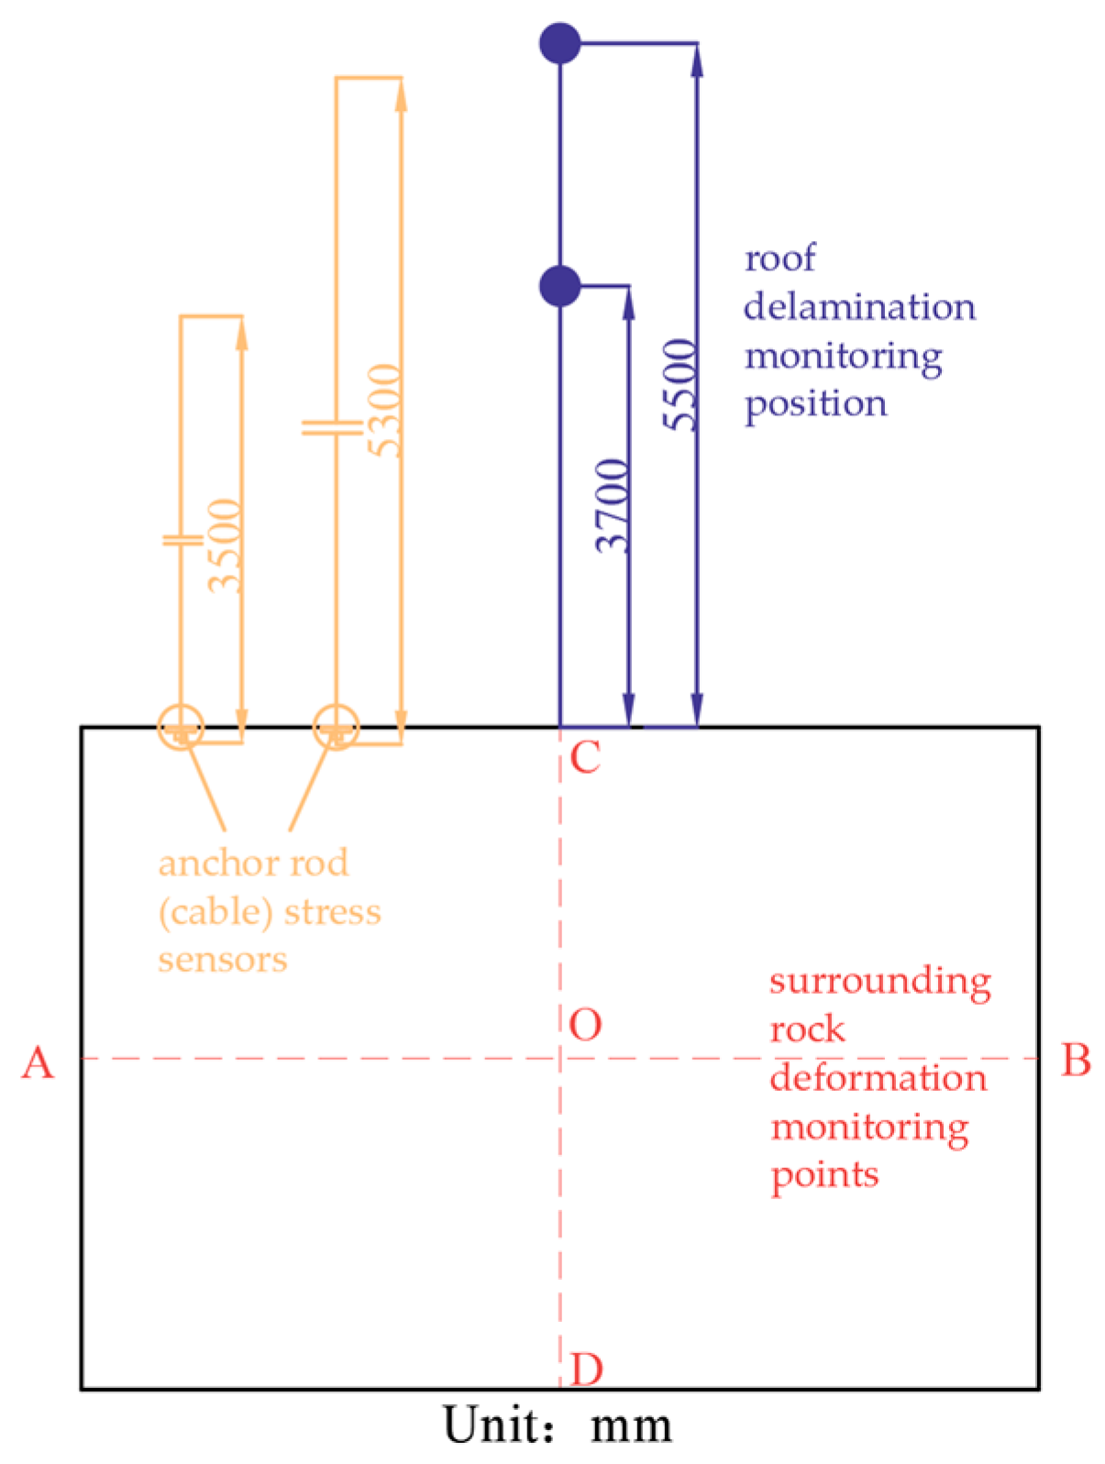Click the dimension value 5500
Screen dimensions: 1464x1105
[x=681, y=384]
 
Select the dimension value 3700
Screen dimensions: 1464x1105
[x=613, y=505]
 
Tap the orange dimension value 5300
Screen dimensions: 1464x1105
[x=385, y=410]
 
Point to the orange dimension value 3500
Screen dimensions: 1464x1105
[x=226, y=545]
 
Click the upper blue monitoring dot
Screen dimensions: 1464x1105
[x=559, y=43]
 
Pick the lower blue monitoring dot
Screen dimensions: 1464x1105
[x=559, y=286]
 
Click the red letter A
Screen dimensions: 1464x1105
[x=38, y=1063]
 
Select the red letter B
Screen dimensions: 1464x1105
[x=1076, y=1060]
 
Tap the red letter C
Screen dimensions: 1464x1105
[x=585, y=758]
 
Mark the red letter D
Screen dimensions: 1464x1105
[x=587, y=1370]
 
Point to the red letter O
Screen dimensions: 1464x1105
[x=585, y=1025]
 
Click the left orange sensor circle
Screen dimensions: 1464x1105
[x=181, y=728]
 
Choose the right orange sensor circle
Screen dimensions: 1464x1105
[x=336, y=728]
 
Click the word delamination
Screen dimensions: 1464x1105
[x=859, y=307]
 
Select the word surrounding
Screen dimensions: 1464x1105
[x=879, y=982]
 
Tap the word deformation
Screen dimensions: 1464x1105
[x=878, y=1078]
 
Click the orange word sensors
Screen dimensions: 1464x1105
[x=223, y=960]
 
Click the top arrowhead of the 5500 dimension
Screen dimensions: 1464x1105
[x=697, y=59]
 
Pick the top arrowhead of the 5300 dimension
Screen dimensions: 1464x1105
[x=401, y=94]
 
